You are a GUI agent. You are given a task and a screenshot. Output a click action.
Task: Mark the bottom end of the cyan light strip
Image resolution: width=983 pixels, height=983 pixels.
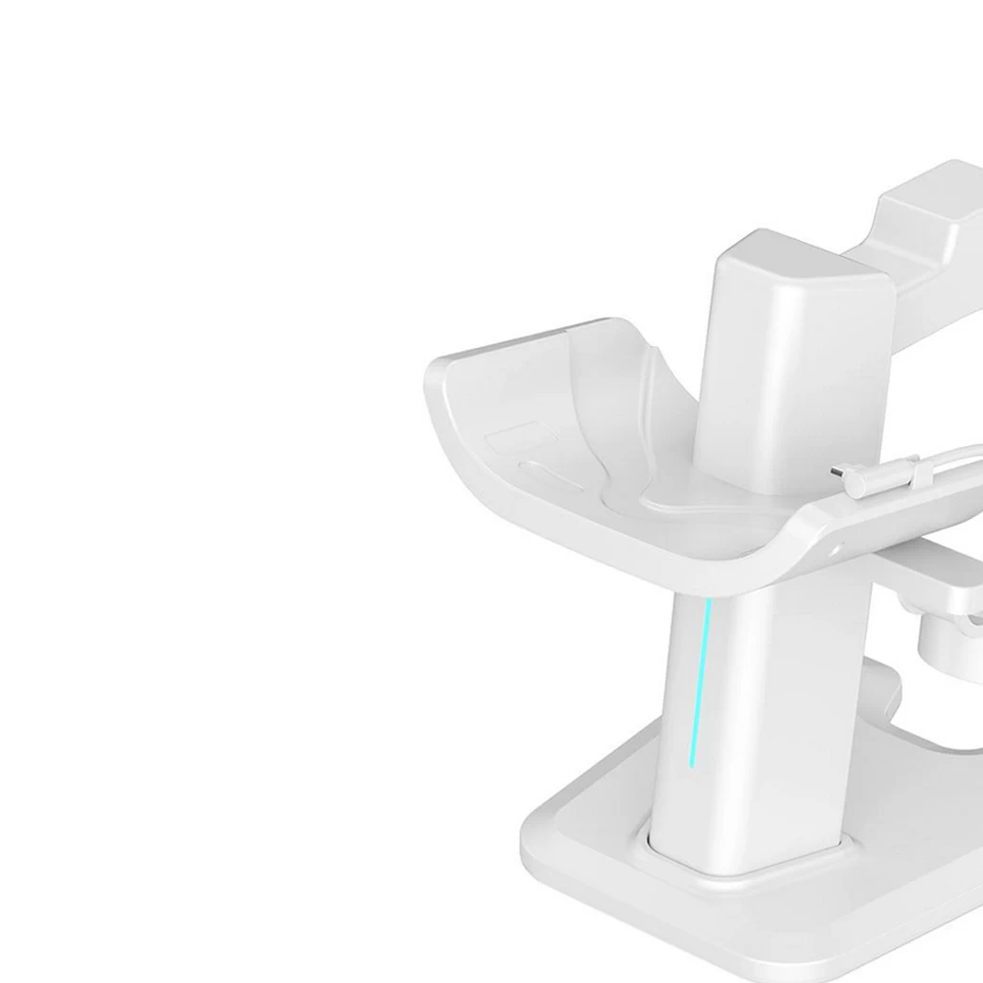pyautogui.click(x=693, y=764)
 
